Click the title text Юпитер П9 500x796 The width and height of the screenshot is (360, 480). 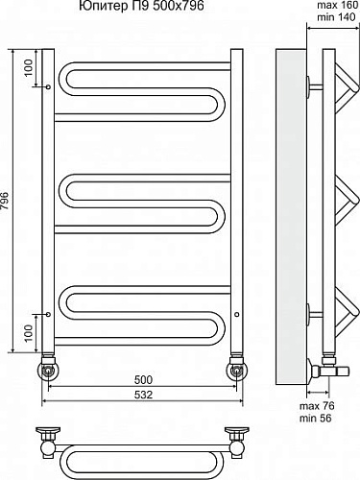[141, 6]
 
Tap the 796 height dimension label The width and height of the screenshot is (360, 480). [6, 201]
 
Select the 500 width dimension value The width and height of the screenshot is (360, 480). [143, 380]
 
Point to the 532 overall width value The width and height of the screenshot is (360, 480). [143, 395]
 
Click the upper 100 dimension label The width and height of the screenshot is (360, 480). [29, 67]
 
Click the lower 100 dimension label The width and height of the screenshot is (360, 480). [29, 333]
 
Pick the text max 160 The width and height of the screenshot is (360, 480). [337, 5]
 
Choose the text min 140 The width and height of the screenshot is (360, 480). [336, 16]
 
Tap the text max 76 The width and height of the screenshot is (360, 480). [317, 406]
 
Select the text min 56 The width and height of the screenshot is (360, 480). [316, 418]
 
